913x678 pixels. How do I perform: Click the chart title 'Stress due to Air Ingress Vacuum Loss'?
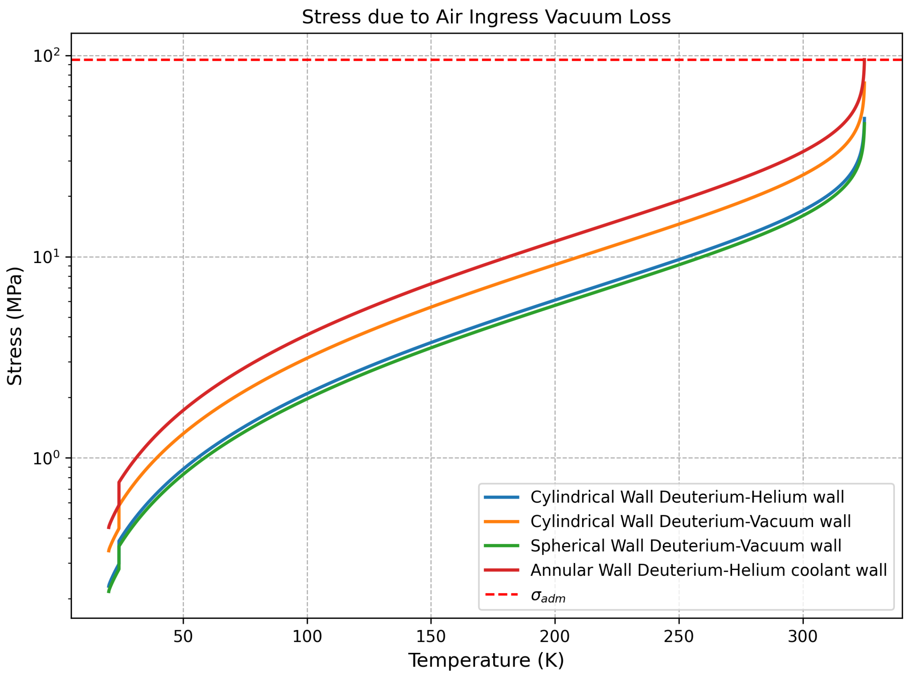(x=486, y=18)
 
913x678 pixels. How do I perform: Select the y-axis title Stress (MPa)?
(x=15, y=326)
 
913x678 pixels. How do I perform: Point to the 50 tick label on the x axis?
(x=183, y=637)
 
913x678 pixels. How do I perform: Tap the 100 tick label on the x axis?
(x=307, y=637)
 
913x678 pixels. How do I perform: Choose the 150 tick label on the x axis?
(x=431, y=637)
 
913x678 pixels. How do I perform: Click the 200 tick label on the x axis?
(x=555, y=637)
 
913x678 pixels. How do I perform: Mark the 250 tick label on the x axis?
(x=679, y=637)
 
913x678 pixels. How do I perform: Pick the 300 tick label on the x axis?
(x=803, y=637)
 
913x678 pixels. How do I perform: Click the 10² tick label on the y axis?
(x=46, y=56)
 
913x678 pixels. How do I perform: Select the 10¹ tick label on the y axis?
(x=46, y=257)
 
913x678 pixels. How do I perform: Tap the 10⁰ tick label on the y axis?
(x=46, y=458)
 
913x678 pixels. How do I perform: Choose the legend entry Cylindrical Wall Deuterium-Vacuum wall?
(x=690, y=522)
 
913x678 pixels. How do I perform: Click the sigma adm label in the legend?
(x=548, y=596)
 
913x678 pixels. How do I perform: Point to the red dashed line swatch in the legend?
(x=501, y=594)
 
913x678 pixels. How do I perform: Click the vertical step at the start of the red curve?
(x=119, y=494)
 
